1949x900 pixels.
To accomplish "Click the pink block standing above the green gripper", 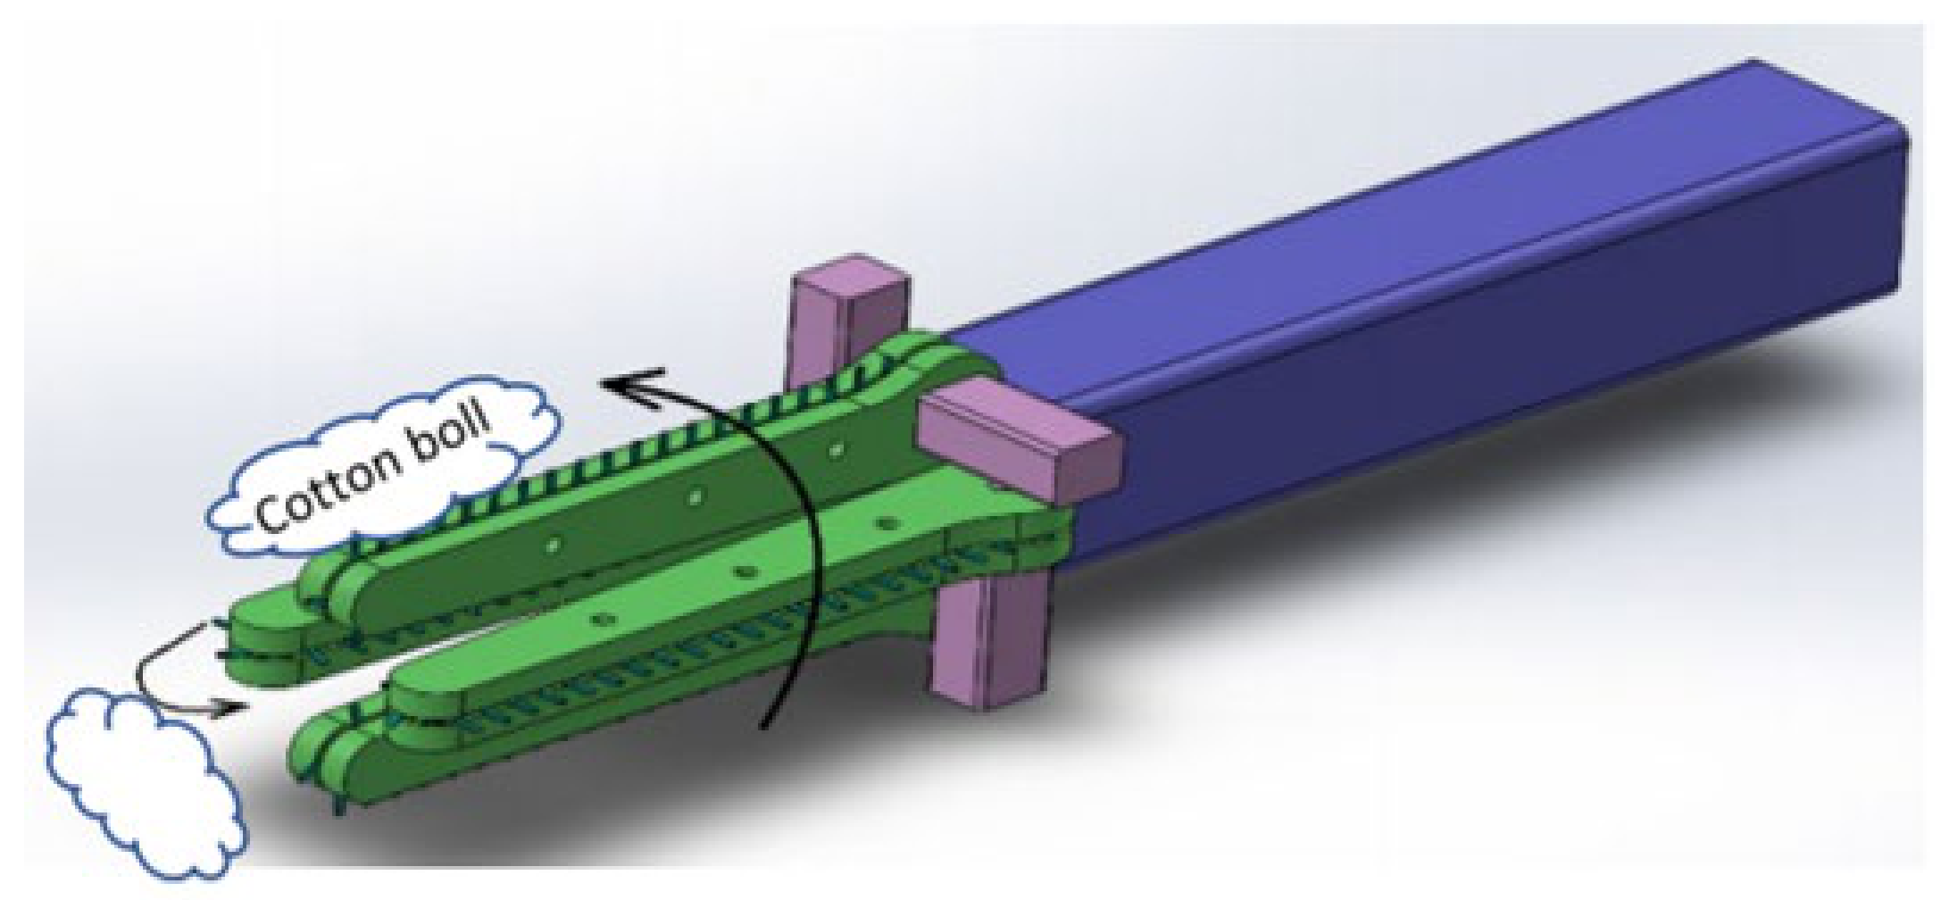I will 849,308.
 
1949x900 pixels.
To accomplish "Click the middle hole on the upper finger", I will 695,497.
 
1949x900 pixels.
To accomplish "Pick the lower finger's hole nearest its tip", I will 605,617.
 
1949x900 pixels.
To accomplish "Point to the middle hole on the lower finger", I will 744,569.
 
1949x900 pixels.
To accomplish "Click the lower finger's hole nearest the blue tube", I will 885,521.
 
